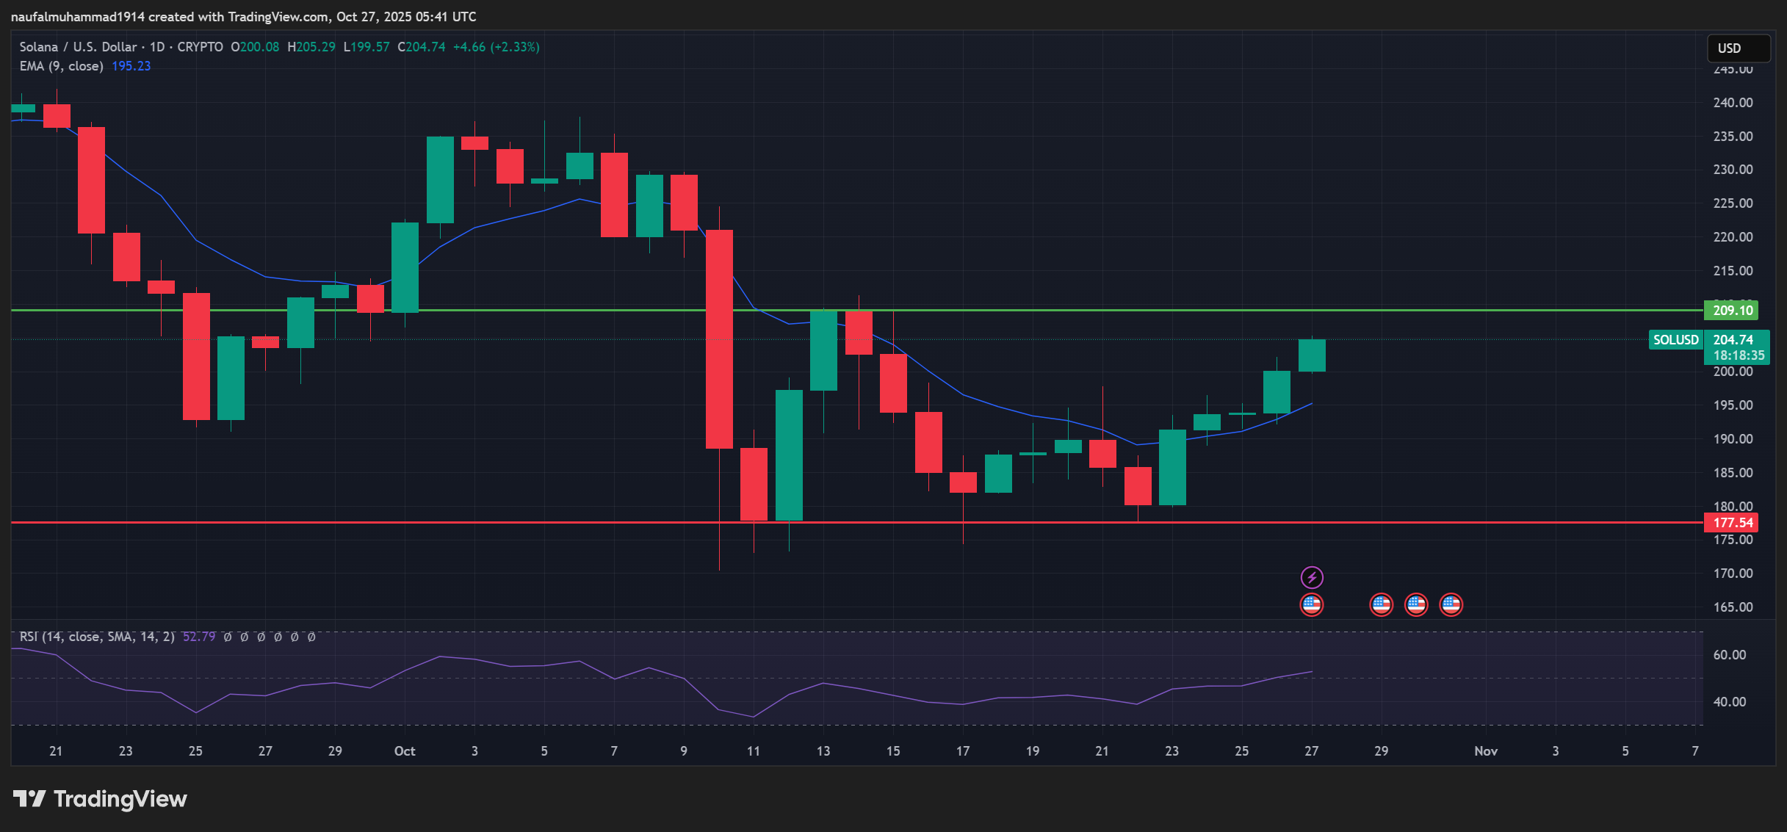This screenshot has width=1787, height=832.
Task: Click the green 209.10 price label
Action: (1732, 310)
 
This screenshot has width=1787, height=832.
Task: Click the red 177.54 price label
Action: (1732, 523)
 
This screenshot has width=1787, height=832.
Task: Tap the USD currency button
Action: (1738, 48)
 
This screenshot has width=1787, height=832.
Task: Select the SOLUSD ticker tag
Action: (1675, 340)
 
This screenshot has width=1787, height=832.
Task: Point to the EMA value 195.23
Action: (131, 66)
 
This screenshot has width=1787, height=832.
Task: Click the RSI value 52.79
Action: (198, 637)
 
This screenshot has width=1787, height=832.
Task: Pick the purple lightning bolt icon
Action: (1312, 577)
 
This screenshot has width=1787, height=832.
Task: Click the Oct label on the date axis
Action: (405, 750)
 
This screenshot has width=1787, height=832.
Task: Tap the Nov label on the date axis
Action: (1486, 750)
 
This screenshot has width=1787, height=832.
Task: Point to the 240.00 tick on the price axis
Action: (1733, 103)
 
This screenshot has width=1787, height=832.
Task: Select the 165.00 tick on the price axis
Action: (1733, 607)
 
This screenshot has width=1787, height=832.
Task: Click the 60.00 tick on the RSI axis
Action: (1729, 655)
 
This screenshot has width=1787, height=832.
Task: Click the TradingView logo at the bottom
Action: (101, 799)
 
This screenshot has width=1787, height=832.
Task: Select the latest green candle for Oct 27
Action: (1312, 355)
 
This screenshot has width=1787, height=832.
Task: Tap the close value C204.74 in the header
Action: (422, 47)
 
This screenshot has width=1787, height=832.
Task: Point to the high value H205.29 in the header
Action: (311, 47)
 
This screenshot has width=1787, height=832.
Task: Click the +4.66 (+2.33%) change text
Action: (497, 47)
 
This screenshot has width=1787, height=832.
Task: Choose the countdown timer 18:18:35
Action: (1739, 355)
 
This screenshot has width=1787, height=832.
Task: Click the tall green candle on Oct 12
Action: (789, 455)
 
